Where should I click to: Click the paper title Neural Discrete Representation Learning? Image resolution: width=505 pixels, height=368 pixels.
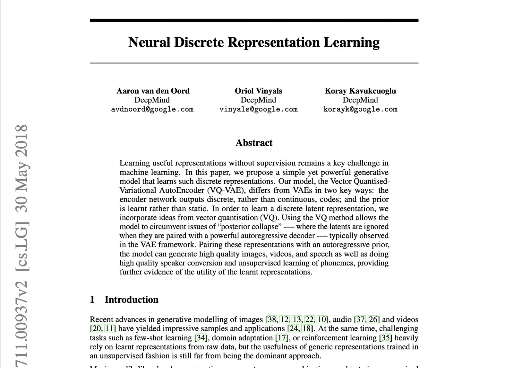(254, 42)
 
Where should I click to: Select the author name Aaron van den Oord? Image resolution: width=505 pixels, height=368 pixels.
(153, 91)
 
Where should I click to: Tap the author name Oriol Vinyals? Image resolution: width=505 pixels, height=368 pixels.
(258, 91)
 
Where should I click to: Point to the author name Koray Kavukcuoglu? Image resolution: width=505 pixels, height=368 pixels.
(360, 91)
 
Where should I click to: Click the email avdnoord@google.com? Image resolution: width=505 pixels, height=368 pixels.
(152, 109)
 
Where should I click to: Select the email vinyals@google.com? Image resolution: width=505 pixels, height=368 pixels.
(258, 109)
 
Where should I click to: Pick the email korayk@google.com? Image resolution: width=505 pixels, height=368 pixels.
(360, 109)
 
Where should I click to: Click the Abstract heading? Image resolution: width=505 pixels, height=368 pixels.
(254, 143)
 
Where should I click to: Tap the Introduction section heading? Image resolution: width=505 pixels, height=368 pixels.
(131, 300)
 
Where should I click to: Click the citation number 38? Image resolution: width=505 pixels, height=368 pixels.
(272, 319)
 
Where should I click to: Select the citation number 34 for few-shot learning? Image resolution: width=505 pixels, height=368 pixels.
(201, 338)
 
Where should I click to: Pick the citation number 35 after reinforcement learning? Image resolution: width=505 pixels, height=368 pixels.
(386, 338)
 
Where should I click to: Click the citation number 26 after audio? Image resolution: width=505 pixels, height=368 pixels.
(373, 319)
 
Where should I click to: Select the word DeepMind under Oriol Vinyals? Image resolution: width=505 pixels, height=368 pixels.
(258, 100)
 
